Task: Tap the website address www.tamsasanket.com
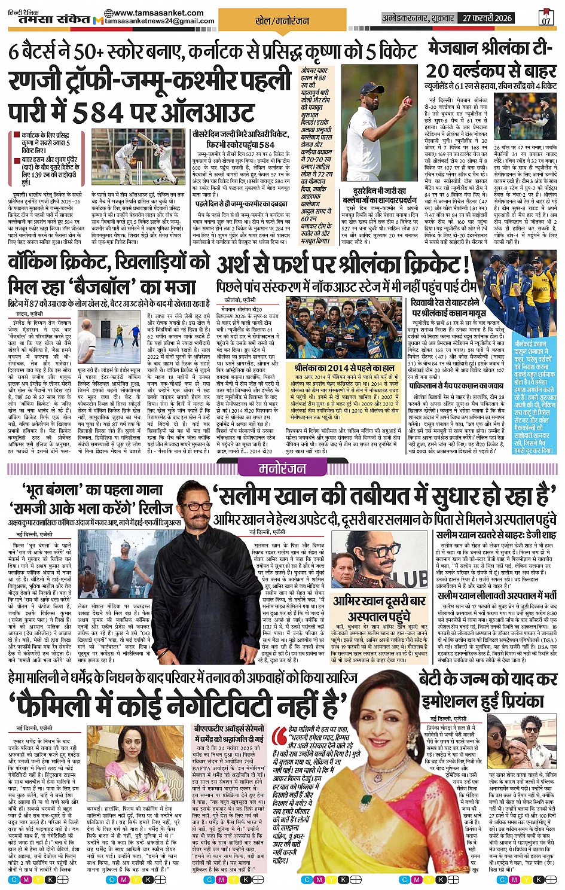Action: pyautogui.click(x=148, y=13)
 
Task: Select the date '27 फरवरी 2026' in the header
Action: pyautogui.click(x=487, y=18)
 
